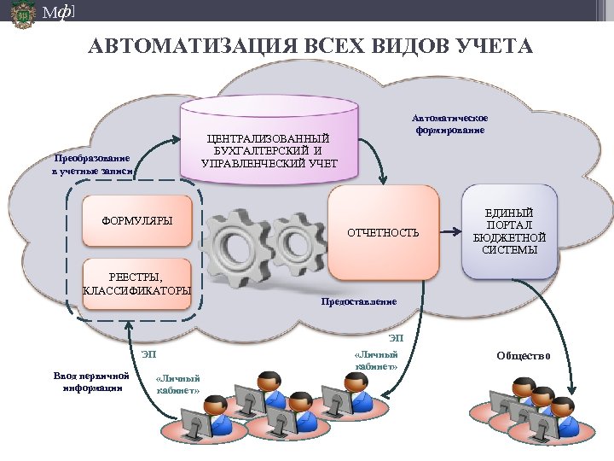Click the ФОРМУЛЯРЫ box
tap(136, 222)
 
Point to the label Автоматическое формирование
tap(449, 125)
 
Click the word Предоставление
tap(358, 301)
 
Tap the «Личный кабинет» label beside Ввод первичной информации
tap(179, 385)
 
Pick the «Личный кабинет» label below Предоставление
tap(375, 359)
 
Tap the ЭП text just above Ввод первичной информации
tap(148, 353)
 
